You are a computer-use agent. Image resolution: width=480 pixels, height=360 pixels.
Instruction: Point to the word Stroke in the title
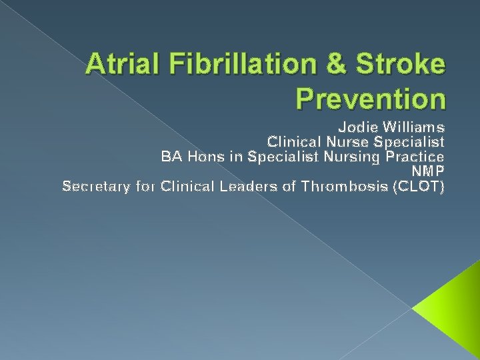click(x=403, y=65)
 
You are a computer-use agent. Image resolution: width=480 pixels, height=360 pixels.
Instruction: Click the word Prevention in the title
click(x=370, y=99)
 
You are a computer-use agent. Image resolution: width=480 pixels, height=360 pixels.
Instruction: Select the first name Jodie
click(x=356, y=126)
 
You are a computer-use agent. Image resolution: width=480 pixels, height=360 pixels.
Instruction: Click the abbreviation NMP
click(x=429, y=171)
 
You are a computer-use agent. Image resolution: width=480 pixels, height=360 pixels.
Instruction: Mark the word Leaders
click(x=254, y=187)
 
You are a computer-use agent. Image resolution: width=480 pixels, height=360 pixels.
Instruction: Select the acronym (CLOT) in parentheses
click(x=419, y=187)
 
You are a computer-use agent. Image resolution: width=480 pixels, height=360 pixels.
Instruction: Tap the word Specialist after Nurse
click(x=407, y=141)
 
